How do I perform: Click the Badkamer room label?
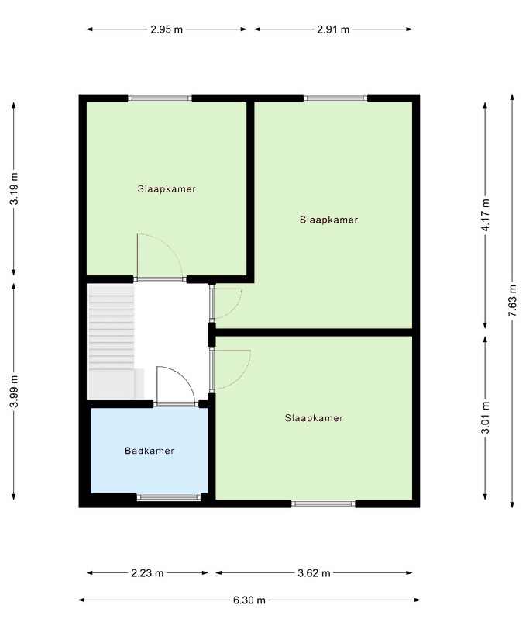(x=150, y=451)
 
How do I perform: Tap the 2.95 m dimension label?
(x=167, y=29)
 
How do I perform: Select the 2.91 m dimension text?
(x=333, y=29)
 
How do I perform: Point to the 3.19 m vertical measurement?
(x=14, y=188)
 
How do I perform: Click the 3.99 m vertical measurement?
(x=14, y=391)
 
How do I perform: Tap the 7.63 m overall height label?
(x=512, y=300)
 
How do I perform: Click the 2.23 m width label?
(x=147, y=573)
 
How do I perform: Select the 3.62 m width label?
(x=314, y=573)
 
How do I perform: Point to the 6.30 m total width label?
(x=249, y=600)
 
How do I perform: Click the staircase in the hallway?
(x=115, y=342)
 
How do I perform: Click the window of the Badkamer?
(x=169, y=497)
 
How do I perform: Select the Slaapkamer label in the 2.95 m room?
(x=167, y=189)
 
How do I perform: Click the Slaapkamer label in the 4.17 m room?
(x=329, y=220)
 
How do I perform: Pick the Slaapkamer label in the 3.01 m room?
(x=314, y=418)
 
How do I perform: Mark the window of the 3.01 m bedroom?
(x=323, y=503)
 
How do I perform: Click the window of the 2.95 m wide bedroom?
(x=160, y=99)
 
